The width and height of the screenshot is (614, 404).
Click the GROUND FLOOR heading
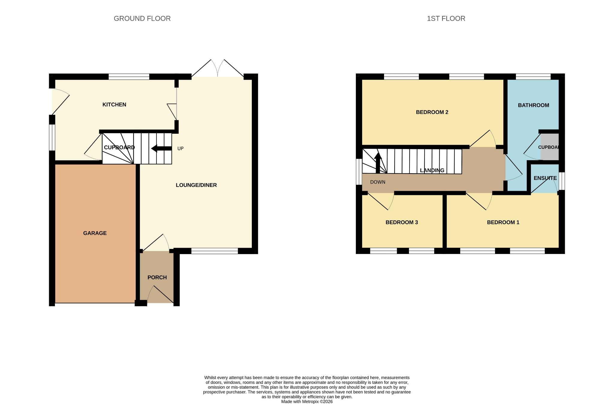pos(142,19)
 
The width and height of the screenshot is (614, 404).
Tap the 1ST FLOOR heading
pos(446,19)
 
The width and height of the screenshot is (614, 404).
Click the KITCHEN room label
pos(114,105)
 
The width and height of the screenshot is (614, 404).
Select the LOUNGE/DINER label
pos(196,185)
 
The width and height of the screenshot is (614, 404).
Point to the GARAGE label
pos(95,233)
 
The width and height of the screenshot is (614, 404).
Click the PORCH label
pos(157,278)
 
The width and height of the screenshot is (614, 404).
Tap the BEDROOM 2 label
pos(432,112)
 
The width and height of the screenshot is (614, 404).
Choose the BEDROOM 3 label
pos(401,223)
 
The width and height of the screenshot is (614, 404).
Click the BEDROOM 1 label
pos(503,223)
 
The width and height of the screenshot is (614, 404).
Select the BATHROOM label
pos(533,105)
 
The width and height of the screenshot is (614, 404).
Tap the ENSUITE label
pos(545,178)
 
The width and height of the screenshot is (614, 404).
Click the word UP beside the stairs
pos(180,148)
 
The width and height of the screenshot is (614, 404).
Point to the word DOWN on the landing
pos(377,182)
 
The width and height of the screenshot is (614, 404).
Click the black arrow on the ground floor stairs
pos(161,148)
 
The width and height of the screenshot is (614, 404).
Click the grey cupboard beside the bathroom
pos(550,147)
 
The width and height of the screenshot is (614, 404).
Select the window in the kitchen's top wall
pos(129,77)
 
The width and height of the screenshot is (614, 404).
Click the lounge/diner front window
pos(215,251)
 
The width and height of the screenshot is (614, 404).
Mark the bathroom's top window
pos(533,77)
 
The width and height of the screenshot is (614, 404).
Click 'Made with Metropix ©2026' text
pos(307,402)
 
